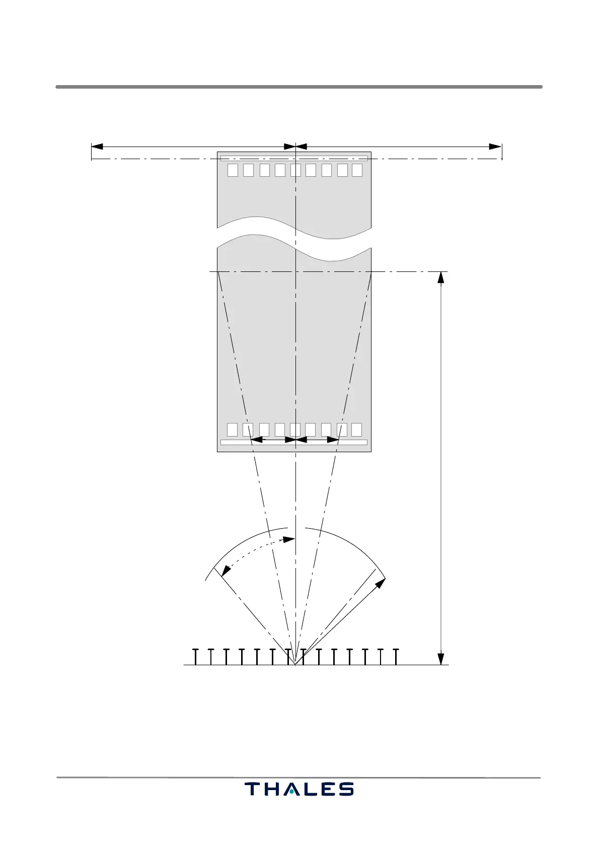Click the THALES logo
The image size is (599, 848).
coord(299,789)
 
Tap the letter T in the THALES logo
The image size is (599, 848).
coord(252,789)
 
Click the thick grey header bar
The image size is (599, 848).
coord(299,87)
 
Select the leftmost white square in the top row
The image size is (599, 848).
coord(233,170)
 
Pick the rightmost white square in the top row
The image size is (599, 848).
coord(357,170)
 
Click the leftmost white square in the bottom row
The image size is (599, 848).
coord(233,430)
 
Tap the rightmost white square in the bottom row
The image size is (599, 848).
coord(356,430)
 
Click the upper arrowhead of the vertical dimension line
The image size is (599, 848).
coord(441,277)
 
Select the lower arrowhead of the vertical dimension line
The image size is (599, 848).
coord(441,659)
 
